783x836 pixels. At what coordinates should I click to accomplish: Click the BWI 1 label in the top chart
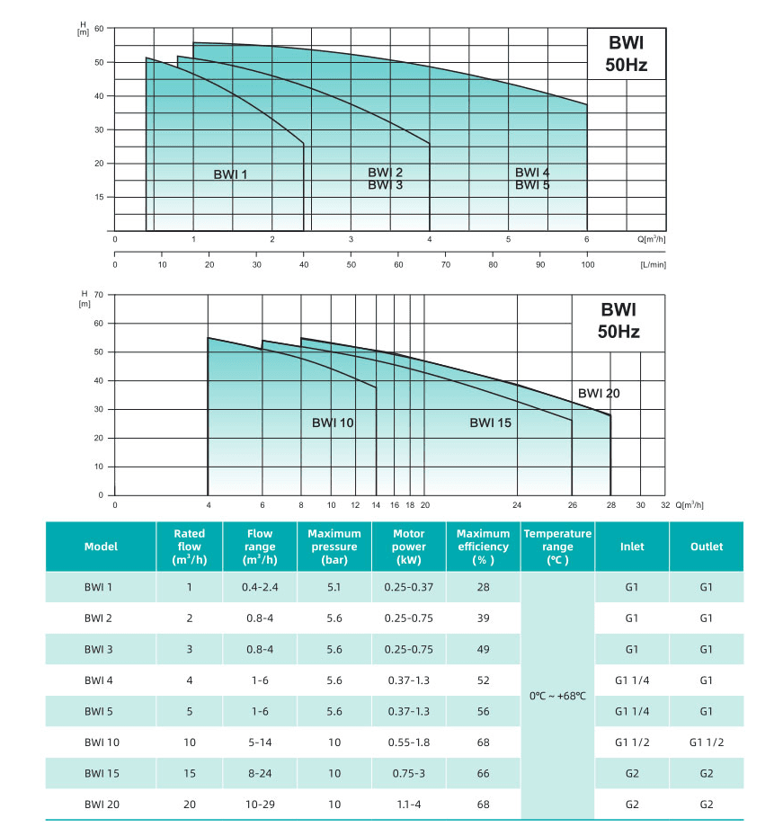click(229, 174)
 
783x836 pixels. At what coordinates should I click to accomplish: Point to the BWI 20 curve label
click(599, 393)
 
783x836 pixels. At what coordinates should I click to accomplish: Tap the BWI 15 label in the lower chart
click(490, 422)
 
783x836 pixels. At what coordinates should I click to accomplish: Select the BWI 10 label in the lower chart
click(334, 422)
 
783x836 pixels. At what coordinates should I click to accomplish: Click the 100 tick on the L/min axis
click(588, 265)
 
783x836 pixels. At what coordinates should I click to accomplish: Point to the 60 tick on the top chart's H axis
click(100, 29)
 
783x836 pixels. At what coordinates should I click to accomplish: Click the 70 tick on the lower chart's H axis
click(100, 294)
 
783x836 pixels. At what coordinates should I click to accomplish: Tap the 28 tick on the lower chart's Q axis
click(610, 505)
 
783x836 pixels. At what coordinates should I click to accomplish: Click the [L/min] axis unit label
click(652, 265)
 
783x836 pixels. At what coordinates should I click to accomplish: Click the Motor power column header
click(409, 547)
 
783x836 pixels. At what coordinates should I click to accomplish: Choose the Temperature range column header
click(557, 547)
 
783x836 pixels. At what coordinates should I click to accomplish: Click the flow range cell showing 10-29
click(260, 805)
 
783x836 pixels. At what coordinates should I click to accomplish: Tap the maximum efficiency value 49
click(484, 649)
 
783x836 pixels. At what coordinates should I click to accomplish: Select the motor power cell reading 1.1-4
click(409, 805)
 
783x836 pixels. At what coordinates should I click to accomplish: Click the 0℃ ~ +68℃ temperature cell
click(557, 696)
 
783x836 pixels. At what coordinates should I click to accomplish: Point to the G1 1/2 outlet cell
click(706, 743)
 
